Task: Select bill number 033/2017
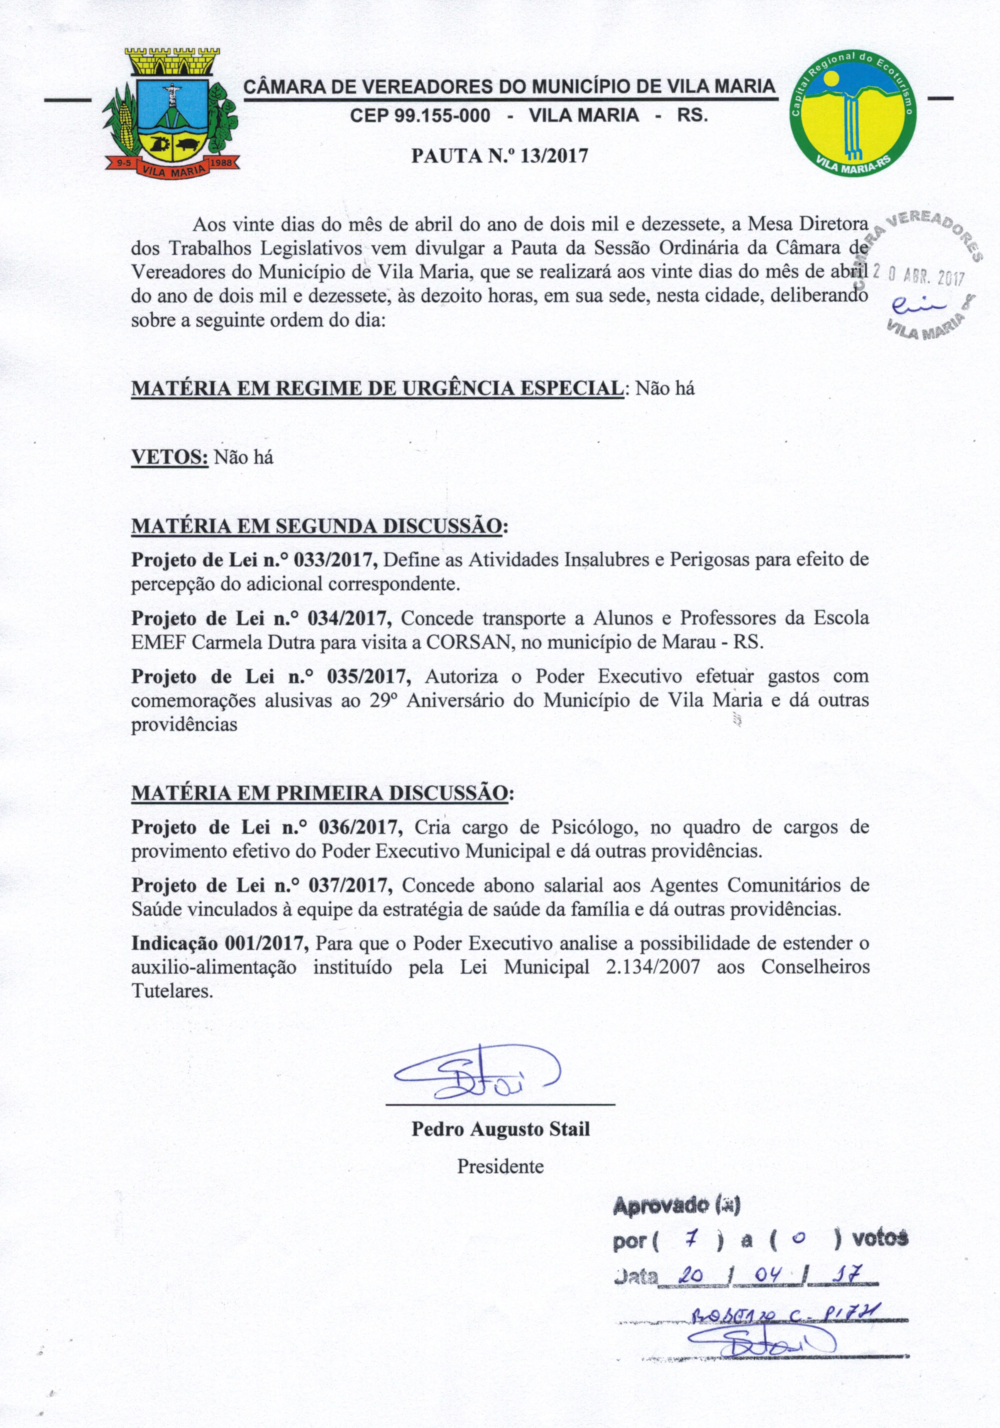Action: pos(335,560)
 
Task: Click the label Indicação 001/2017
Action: pos(220,944)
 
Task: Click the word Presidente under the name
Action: pos(500,1166)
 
